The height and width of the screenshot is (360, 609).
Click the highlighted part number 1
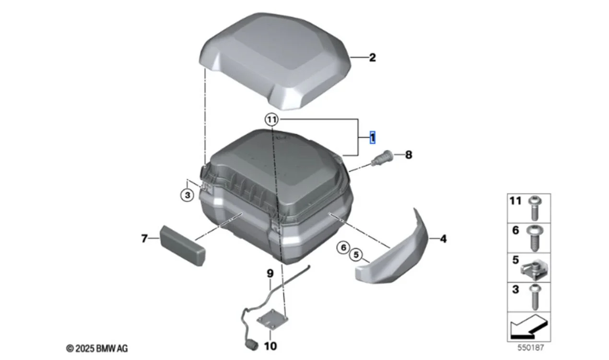pos(373,138)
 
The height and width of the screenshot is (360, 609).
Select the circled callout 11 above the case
pos(271,119)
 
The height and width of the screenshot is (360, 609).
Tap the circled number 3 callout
pos(187,195)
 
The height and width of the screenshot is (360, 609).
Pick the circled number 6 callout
pos(343,247)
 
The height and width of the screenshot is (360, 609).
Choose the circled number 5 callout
pos(356,255)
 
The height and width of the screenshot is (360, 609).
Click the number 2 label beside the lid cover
pos(373,58)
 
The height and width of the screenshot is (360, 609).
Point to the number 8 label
pos(409,155)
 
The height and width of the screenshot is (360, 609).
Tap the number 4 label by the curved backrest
pos(443,239)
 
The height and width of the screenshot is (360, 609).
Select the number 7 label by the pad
pos(144,239)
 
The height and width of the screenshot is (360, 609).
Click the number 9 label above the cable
pos(270,273)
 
